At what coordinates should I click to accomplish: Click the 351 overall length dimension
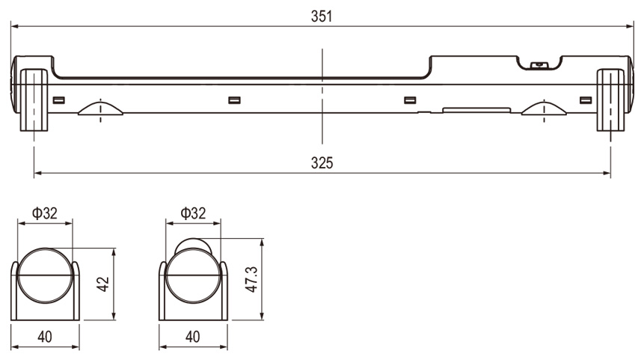322,16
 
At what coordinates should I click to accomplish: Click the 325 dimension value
322,163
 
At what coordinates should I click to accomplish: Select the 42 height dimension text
103,284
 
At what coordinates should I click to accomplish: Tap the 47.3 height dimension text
251,279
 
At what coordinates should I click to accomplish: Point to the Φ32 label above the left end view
45,213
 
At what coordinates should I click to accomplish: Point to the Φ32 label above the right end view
193,213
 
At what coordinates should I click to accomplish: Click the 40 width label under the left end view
45,337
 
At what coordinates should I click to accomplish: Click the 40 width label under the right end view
193,337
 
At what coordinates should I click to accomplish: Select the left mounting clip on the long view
34,100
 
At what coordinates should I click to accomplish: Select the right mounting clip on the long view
610,100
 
